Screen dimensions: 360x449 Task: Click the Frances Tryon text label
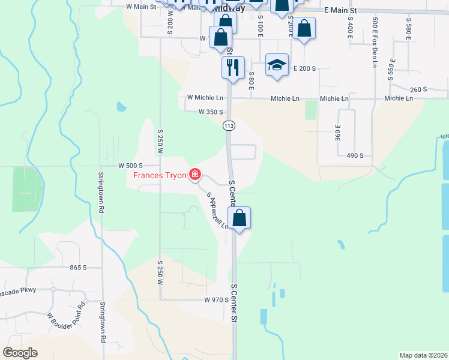tap(159, 175)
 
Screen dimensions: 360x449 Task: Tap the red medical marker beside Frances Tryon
tap(194, 175)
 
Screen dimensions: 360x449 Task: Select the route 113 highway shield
tap(229, 126)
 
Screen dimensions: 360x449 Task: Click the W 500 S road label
tap(130, 165)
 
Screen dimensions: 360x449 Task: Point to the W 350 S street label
tap(211, 112)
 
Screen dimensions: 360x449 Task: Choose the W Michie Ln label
tap(205, 97)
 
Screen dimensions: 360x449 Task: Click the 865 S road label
tap(79, 268)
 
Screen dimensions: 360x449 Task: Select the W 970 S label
tap(217, 299)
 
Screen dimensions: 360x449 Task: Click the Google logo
tap(20, 353)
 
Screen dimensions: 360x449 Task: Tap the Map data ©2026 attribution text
tap(423, 355)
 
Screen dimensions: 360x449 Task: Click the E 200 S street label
tap(304, 69)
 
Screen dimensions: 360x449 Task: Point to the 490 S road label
tap(355, 155)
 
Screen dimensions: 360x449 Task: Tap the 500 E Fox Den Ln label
tap(375, 37)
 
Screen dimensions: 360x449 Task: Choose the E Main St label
tap(340, 11)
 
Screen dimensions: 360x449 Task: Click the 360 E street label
tap(339, 132)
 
